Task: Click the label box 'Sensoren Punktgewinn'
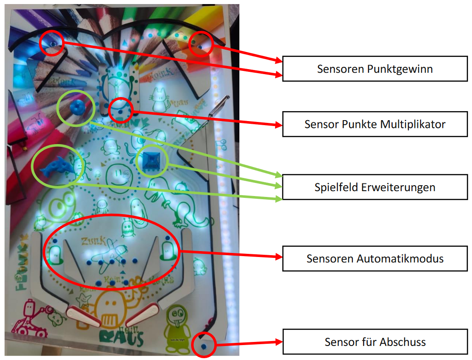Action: [374, 69]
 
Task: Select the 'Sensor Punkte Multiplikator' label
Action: [374, 124]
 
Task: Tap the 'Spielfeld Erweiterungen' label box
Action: [374, 187]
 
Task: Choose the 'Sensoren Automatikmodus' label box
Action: [374, 258]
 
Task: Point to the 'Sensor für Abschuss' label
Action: [374, 341]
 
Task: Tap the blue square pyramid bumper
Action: [151, 161]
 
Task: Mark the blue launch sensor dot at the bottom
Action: [203, 346]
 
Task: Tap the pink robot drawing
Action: [32, 321]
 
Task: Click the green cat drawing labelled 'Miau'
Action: [159, 97]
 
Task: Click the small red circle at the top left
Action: [51, 43]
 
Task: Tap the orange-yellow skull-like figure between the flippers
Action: [108, 308]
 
